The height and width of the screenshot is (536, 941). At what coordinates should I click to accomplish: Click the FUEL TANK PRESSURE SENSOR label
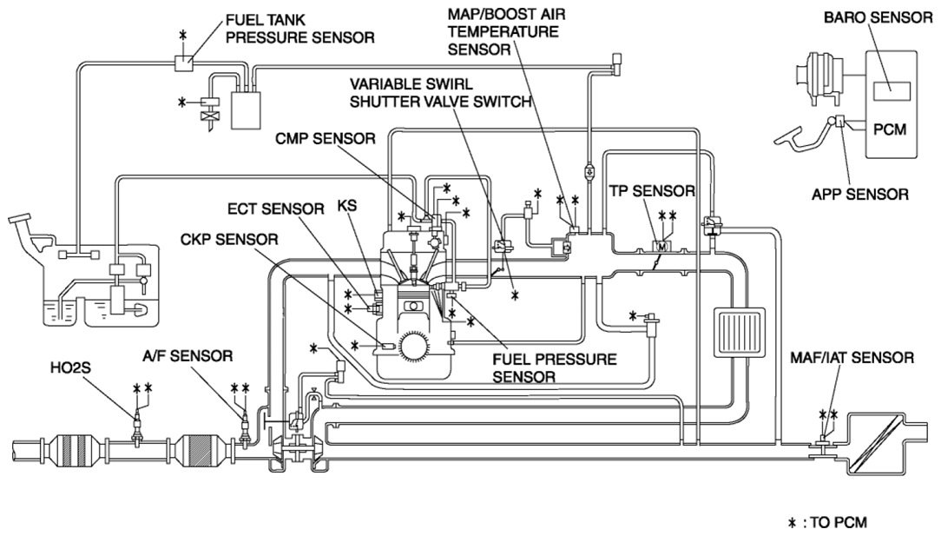[x=300, y=29]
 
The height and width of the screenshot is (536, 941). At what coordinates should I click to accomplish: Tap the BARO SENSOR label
[x=878, y=17]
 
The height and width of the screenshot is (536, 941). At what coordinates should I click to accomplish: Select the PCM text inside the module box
[x=890, y=129]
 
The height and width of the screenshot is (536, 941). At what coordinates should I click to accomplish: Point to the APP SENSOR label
[x=860, y=194]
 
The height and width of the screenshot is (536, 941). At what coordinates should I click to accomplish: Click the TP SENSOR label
[x=652, y=191]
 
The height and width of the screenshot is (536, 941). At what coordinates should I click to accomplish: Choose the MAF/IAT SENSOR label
[x=852, y=358]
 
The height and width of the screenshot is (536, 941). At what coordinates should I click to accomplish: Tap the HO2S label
[x=70, y=367]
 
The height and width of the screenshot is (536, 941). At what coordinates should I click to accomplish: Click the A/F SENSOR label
[x=188, y=355]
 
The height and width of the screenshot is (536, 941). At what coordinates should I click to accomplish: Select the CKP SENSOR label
[x=229, y=239]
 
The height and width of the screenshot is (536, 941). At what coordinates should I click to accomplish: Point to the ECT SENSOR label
[x=275, y=208]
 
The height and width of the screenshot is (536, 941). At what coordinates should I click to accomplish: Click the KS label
[x=347, y=206]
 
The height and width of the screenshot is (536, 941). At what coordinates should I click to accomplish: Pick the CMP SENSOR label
[x=326, y=138]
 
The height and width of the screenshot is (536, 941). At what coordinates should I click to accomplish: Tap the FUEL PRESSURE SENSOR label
[x=555, y=367]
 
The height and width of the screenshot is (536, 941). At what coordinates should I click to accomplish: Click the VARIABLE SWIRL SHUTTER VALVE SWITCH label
[x=441, y=93]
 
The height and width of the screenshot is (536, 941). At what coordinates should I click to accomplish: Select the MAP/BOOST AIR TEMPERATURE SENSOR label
[x=506, y=31]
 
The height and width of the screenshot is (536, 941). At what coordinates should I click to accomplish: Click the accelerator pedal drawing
[x=804, y=134]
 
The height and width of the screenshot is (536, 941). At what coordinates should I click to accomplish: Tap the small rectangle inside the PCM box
[x=892, y=91]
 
